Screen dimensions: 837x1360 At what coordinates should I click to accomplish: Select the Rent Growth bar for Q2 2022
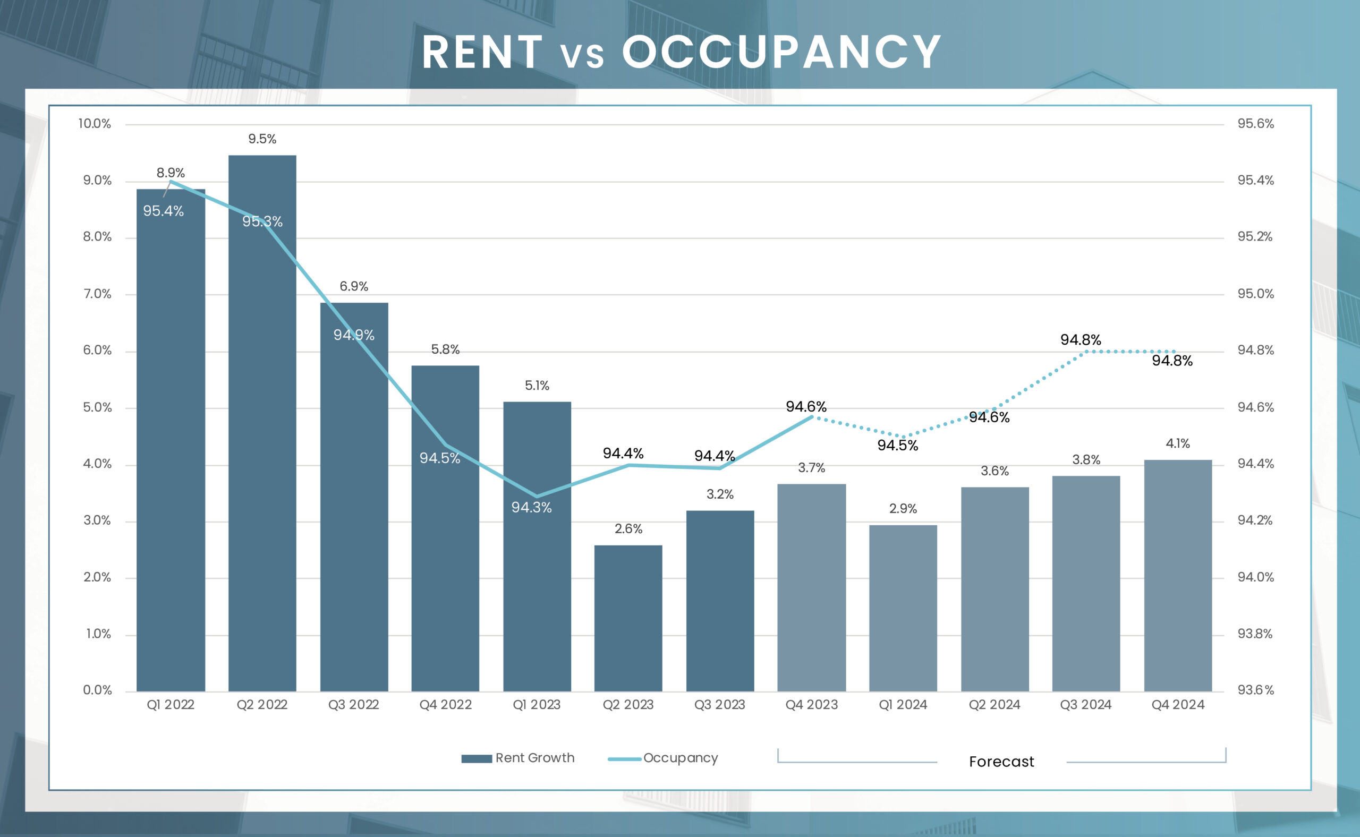point(262,421)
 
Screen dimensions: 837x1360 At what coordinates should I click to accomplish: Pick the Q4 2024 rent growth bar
point(1177,576)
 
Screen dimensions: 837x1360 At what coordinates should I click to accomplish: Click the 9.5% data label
point(262,139)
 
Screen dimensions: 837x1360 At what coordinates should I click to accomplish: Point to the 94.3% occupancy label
point(531,507)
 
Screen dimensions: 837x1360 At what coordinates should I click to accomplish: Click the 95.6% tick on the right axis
point(1255,123)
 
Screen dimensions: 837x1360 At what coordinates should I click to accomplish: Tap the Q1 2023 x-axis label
point(536,705)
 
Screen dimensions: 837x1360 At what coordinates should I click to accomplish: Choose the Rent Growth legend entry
point(518,758)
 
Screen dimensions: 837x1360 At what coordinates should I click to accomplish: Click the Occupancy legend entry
point(664,758)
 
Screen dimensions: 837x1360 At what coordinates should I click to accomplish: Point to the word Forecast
point(1001,762)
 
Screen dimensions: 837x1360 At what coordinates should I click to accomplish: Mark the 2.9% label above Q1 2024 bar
point(903,508)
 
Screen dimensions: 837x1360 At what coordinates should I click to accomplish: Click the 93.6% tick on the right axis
point(1255,690)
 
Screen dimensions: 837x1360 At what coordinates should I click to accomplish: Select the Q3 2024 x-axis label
point(1085,705)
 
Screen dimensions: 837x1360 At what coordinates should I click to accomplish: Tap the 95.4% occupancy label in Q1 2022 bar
point(163,211)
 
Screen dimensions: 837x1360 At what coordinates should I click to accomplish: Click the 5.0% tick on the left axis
point(97,407)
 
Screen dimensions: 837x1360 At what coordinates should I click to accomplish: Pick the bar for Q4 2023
point(811,587)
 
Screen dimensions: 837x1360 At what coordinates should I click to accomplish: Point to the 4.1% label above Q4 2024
point(1177,443)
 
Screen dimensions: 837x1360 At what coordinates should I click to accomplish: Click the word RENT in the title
point(482,52)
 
